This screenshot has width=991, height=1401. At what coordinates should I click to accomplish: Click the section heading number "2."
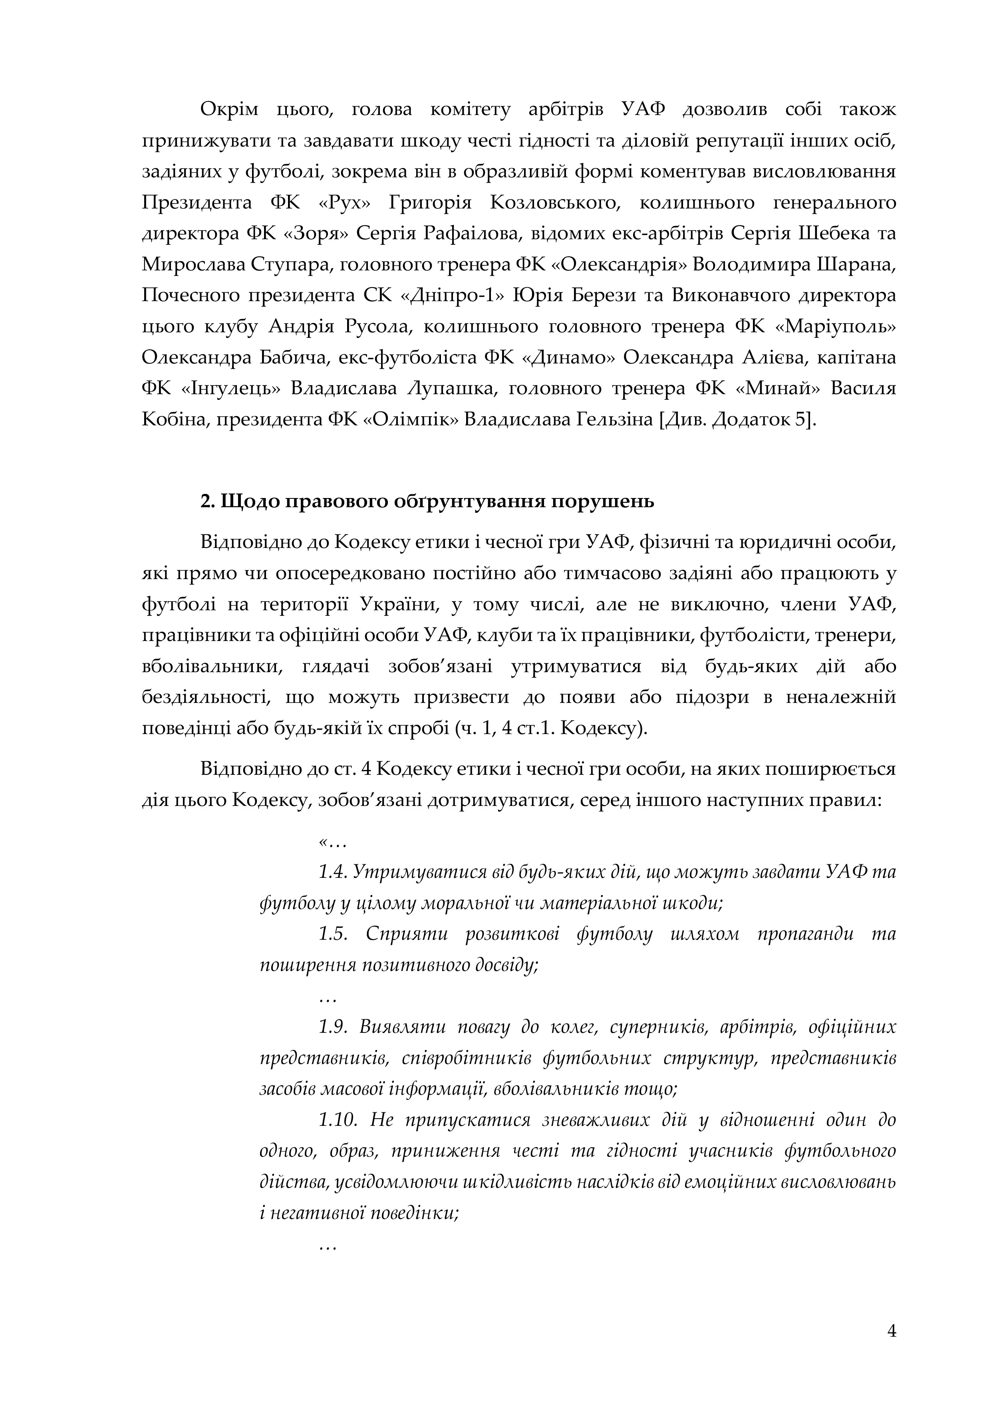(207, 502)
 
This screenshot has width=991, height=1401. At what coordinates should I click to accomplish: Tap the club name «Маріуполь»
(835, 326)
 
